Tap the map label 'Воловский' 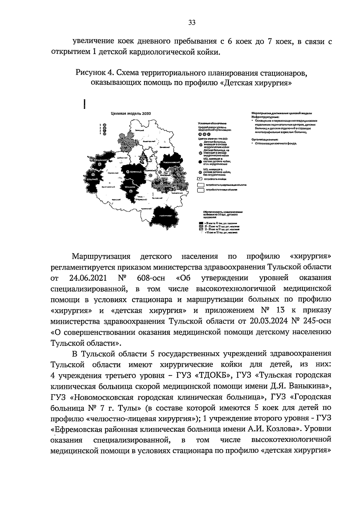tap(157, 198)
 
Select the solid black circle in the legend tap(200, 162)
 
